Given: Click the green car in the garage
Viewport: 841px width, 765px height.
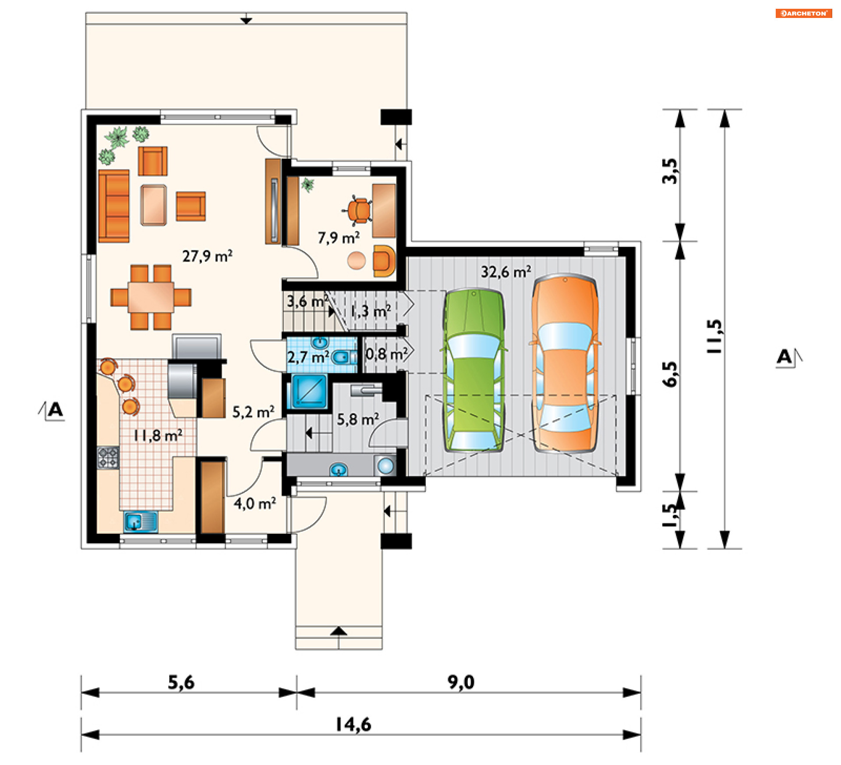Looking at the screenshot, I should (474, 370).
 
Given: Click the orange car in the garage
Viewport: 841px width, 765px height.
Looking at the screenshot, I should (565, 363).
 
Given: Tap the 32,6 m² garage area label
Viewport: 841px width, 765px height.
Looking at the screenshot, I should (506, 272).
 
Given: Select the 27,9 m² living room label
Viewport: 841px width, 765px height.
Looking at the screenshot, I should (207, 256).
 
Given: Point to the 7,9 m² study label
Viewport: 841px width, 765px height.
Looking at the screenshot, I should (339, 238).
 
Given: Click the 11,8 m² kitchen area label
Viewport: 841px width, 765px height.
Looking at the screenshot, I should (158, 435).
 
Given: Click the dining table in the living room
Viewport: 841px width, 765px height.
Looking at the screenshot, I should (151, 297).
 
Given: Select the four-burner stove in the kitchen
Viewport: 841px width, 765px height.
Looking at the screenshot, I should (108, 458).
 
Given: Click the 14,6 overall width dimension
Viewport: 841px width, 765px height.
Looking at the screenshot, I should (353, 725).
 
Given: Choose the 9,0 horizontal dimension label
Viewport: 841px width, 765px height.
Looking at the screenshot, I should (461, 682).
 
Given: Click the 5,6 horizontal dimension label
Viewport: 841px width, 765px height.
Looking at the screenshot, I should (181, 682).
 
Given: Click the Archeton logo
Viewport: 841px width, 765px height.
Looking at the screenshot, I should (803, 14).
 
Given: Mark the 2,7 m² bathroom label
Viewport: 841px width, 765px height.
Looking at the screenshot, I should (308, 357).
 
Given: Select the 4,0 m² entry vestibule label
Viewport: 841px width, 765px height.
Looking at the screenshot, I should (254, 504).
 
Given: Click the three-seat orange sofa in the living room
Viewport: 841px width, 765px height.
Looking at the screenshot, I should (114, 206).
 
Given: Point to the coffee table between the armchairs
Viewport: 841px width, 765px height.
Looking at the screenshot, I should (153, 205).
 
